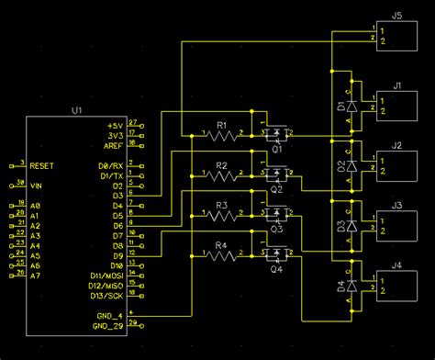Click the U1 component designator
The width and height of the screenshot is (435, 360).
click(76, 110)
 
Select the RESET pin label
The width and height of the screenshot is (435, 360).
click(43, 166)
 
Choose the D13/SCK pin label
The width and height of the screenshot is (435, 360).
click(106, 296)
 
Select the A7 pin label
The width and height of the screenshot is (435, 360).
click(36, 275)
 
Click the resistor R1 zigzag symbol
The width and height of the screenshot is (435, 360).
click(221, 135)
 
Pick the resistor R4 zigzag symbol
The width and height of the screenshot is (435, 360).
click(221, 256)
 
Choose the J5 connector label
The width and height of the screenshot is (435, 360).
click(396, 17)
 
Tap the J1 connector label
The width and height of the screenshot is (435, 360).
click(396, 85)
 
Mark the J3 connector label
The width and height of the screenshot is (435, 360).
click(396, 206)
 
